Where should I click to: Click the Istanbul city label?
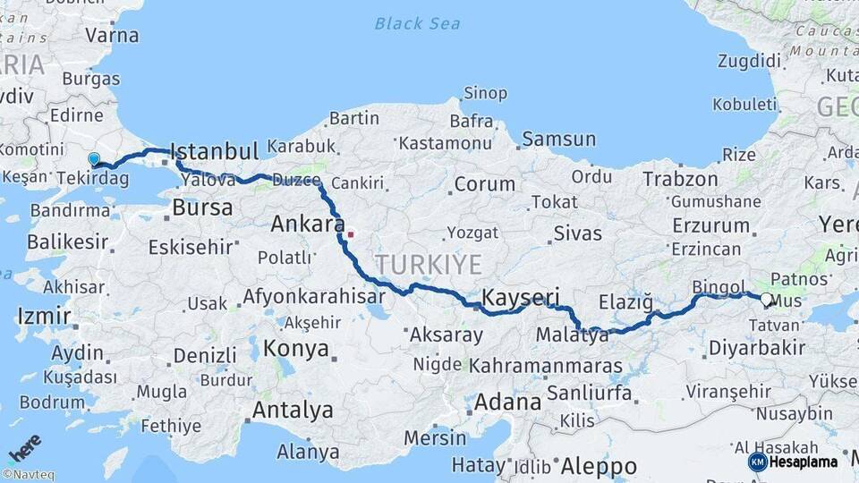[214, 150]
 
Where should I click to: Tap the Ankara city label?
[308, 224]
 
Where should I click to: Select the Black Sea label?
[417, 24]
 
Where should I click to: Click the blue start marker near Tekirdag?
[94, 159]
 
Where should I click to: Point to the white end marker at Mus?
[767, 301]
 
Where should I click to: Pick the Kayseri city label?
[520, 298]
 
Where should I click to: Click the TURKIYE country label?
[428, 265]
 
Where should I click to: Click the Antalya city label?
[293, 411]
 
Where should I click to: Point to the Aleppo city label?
[599, 466]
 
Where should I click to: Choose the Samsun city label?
[558, 139]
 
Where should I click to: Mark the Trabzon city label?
[680, 179]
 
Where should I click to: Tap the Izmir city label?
[42, 316]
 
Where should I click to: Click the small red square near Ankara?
[351, 235]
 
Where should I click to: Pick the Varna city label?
[112, 36]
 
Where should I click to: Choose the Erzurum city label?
[710, 225]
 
